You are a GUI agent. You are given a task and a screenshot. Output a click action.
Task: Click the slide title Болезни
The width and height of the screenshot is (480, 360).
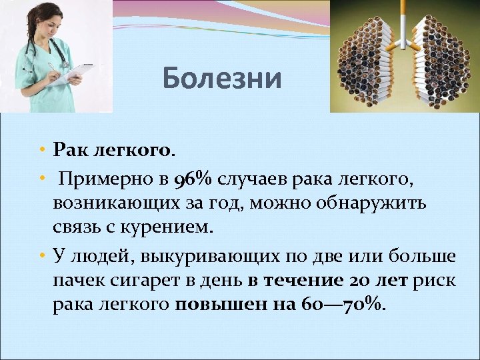tap(223, 79)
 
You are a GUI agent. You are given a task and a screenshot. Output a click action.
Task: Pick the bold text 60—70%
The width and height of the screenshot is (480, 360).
tap(347, 304)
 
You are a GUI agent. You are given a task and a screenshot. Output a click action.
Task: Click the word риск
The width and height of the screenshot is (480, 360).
tap(435, 280)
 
